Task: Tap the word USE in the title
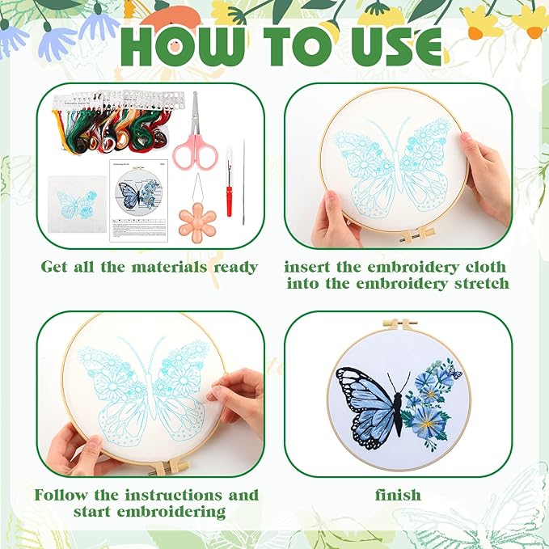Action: [x=388, y=48]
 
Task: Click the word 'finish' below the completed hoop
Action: [x=397, y=494]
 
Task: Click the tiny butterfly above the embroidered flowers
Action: [x=454, y=373]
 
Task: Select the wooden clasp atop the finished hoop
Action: [x=398, y=325]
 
